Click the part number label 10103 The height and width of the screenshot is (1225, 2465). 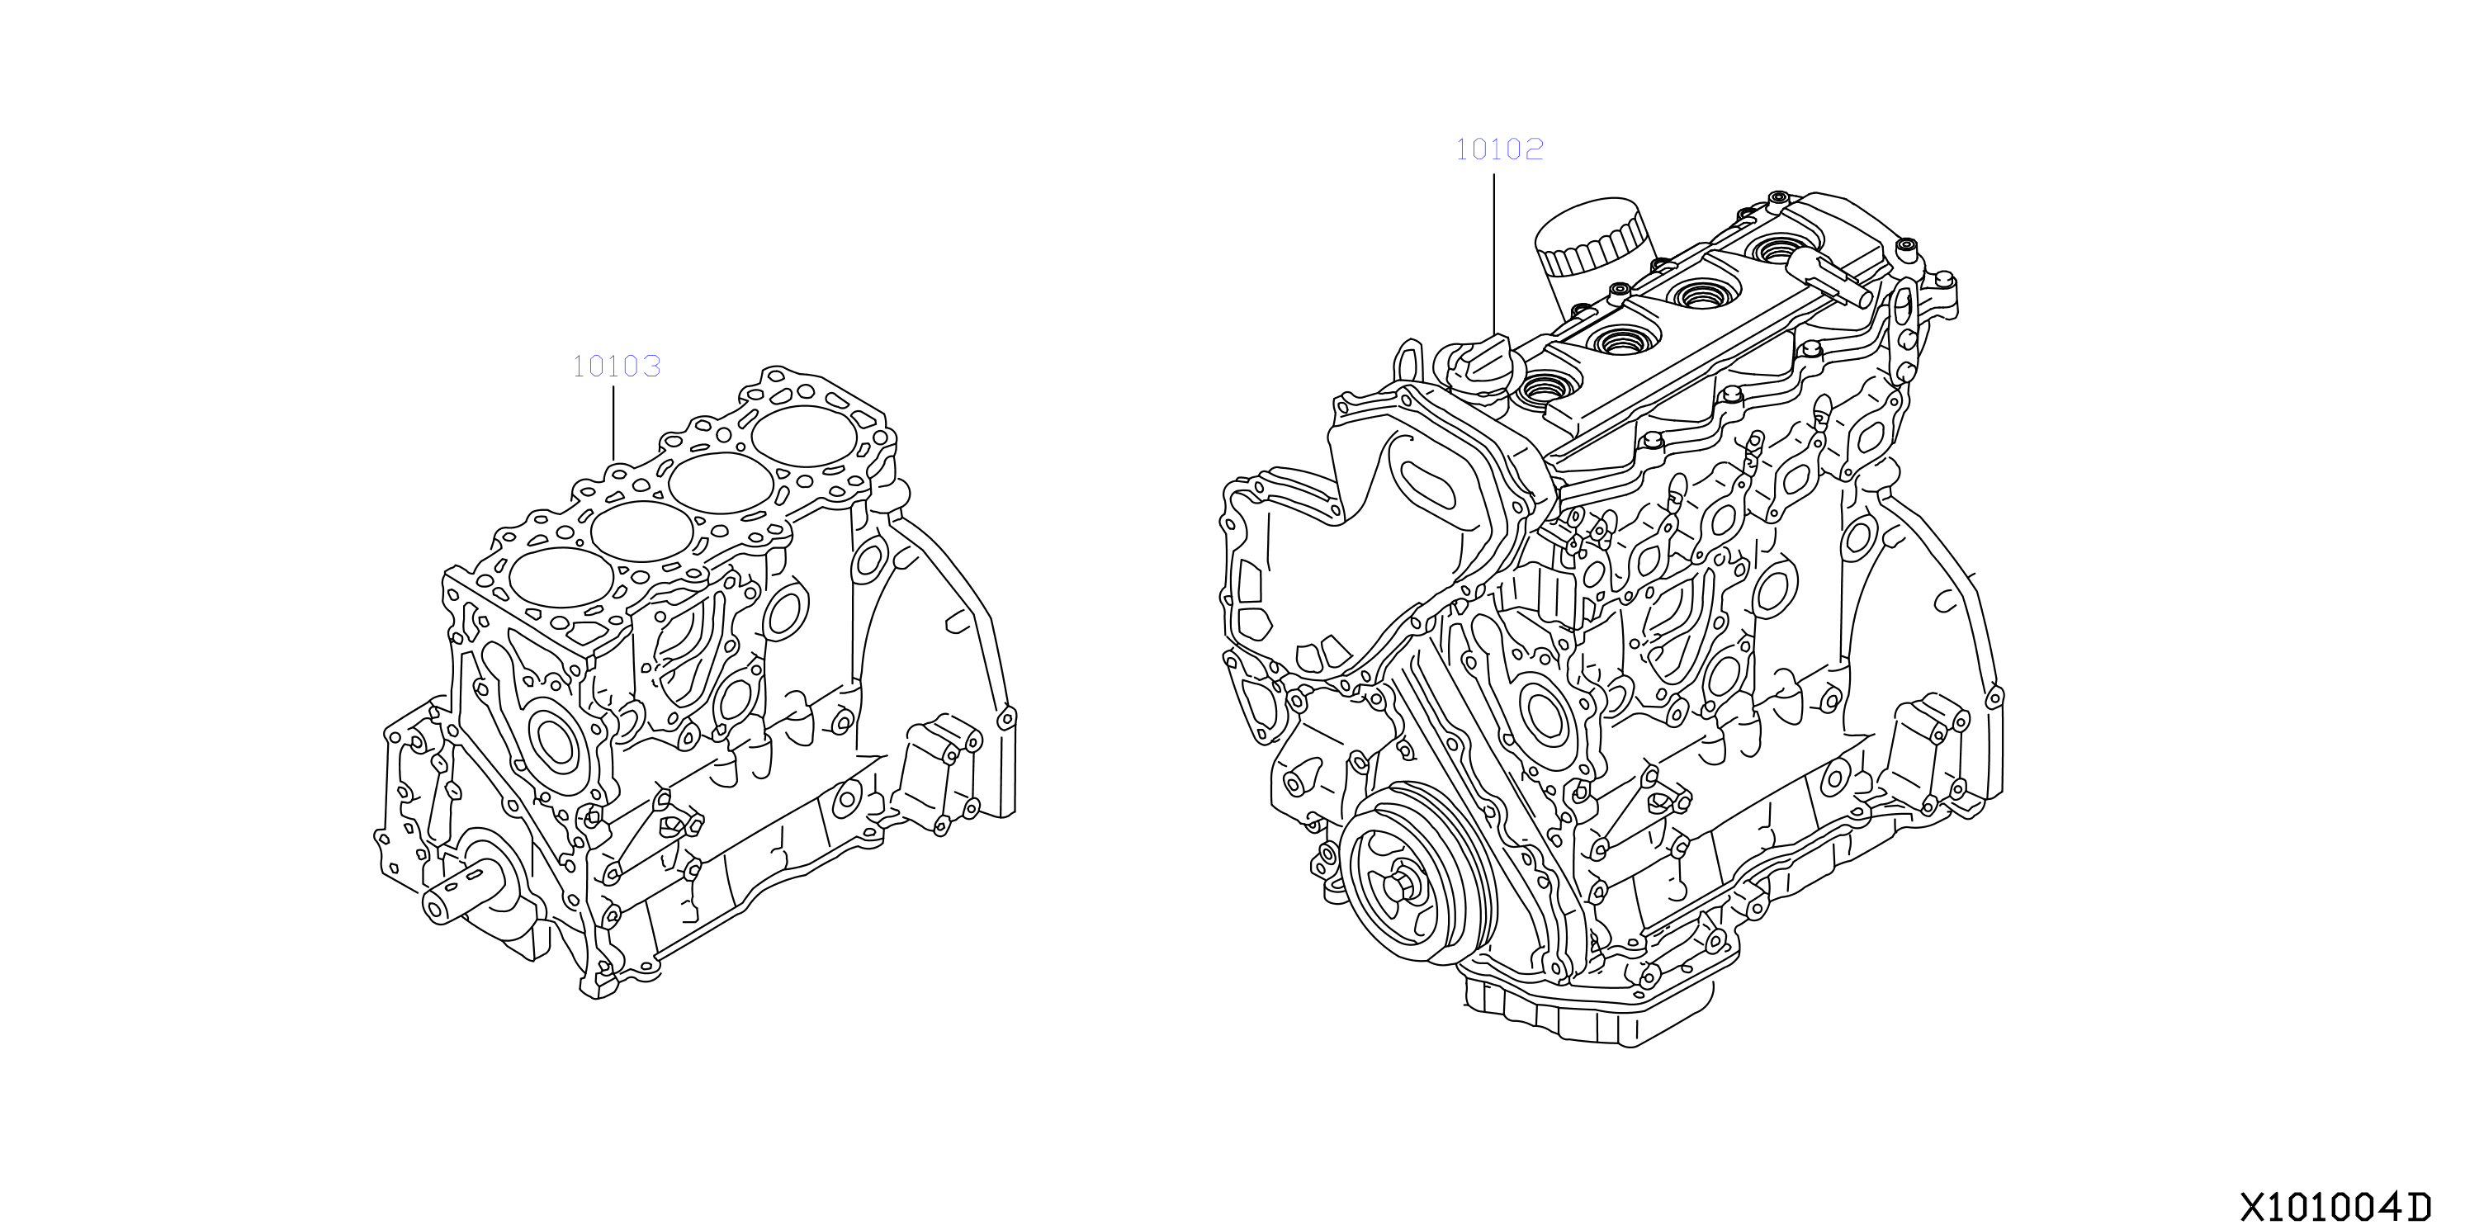pyautogui.click(x=616, y=366)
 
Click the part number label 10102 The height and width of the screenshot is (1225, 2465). pyautogui.click(x=1499, y=149)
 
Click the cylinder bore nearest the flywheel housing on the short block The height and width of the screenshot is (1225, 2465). pyautogui.click(x=804, y=438)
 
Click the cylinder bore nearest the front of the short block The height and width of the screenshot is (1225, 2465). pyautogui.click(x=561, y=577)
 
